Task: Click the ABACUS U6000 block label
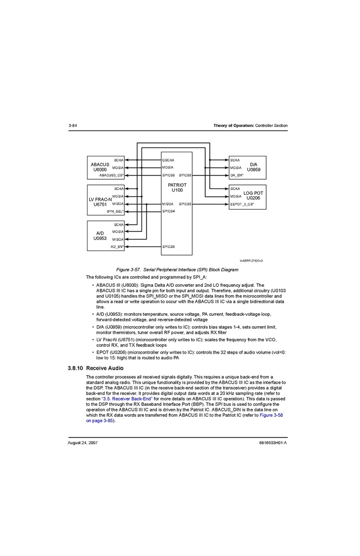[100, 167]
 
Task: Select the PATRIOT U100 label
[177, 187]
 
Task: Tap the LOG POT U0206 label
[253, 196]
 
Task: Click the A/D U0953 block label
[100, 236]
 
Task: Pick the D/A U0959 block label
[254, 167]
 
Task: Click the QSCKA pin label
[168, 160]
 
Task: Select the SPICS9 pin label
[185, 175]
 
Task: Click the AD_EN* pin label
[117, 247]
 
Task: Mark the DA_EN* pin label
[237, 175]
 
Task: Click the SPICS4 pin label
[168, 211]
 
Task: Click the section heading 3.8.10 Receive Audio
[95, 368]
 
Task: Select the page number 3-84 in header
[73, 126]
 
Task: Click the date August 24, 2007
[83, 443]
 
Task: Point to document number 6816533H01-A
[272, 443]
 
